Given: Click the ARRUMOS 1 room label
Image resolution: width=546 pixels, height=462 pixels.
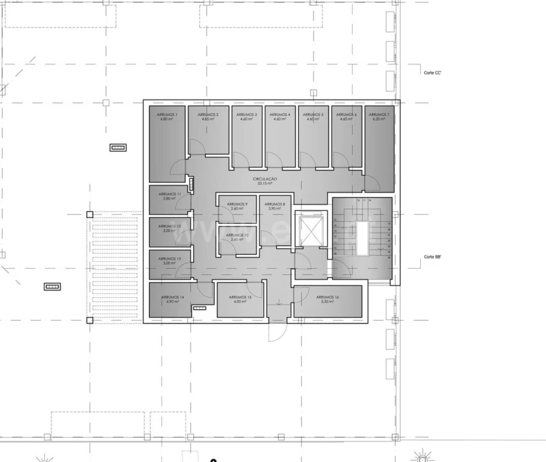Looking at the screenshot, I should (167, 114).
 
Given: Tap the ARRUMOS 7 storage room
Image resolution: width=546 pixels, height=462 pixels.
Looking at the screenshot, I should (379, 148).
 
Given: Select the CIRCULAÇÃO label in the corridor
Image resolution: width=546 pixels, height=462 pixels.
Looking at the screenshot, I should (265, 179).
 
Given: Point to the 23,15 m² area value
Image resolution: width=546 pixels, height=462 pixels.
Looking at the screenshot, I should (265, 184).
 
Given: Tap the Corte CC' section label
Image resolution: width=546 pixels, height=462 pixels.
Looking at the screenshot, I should (432, 73).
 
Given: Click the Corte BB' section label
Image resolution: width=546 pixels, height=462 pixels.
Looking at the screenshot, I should (432, 257).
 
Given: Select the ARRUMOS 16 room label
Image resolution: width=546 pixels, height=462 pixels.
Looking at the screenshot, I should (328, 297).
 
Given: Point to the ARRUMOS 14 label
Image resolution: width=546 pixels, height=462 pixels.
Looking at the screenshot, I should (172, 297).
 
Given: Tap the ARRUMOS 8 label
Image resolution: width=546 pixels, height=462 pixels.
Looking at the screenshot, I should (274, 203).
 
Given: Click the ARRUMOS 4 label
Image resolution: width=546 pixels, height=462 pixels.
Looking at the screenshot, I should (280, 114).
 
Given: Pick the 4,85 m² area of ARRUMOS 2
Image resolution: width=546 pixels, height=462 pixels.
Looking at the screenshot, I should (207, 119).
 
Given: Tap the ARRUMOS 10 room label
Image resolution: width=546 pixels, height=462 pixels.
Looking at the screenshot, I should (236, 235).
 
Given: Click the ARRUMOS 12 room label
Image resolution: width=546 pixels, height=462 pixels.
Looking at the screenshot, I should (170, 226).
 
